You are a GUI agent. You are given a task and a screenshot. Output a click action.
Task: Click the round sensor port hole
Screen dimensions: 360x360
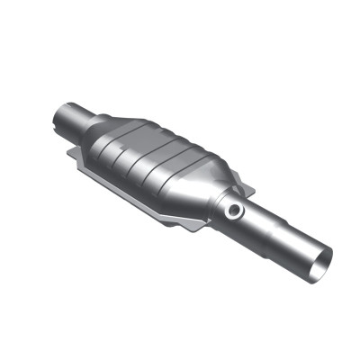pos(235,210)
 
